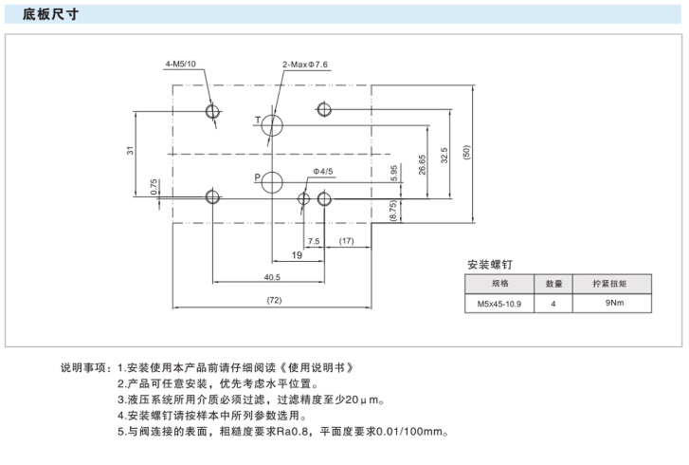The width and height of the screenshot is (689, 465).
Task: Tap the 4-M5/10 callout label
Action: click(180, 65)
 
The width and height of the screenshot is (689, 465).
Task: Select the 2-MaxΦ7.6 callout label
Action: click(304, 65)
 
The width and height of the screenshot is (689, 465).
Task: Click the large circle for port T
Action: click(272, 123)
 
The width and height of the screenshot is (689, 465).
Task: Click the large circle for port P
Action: click(272, 181)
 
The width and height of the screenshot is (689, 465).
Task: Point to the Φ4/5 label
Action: click(322, 171)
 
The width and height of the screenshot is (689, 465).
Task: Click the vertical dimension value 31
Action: click(131, 150)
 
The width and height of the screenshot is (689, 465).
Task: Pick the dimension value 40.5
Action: click(272, 277)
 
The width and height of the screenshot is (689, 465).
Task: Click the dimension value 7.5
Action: click(314, 241)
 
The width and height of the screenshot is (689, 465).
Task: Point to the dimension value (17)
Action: click(346, 241)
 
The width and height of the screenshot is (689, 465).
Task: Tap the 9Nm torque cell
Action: click(614, 305)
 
